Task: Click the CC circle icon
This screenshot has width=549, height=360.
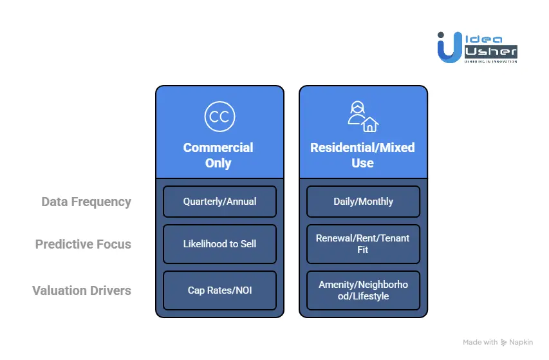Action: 219,117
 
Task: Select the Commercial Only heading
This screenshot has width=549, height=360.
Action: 218,155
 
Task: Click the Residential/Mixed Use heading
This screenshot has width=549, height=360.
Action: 362,155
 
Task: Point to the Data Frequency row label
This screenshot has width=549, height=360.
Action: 86,202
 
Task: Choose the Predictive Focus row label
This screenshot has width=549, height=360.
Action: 83,244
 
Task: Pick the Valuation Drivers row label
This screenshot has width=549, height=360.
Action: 82,290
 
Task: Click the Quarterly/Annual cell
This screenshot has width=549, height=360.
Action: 219,202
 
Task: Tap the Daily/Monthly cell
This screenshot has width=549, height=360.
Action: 363,202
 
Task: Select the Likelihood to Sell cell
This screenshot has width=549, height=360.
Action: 219,244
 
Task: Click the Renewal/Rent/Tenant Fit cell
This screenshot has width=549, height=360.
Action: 363,244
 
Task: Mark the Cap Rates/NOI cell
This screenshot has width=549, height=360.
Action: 219,290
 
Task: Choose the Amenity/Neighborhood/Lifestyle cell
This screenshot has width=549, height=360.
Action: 363,290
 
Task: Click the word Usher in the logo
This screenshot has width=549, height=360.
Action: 490,50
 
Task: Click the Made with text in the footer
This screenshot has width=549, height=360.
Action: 480,342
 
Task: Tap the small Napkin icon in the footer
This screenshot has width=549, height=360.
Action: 504,342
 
